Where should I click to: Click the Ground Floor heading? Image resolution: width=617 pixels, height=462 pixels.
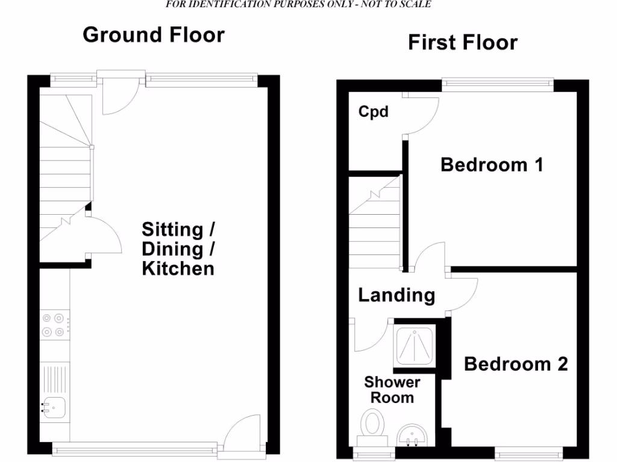153,35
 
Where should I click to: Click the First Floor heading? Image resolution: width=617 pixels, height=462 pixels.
462,43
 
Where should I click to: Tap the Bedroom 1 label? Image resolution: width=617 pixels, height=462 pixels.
492,164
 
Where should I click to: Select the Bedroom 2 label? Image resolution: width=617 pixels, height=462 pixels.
516,364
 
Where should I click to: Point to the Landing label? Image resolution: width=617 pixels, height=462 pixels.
396,295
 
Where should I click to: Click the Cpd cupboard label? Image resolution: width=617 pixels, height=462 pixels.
374,112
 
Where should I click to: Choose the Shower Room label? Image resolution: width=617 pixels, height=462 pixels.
392,390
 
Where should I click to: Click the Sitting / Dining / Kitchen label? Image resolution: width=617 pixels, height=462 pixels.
178,248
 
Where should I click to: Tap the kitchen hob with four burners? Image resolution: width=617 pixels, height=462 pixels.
52,325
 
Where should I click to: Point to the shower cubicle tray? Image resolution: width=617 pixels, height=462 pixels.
415,345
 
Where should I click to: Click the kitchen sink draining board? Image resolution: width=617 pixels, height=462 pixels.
54,379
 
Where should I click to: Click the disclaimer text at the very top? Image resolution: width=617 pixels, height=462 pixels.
298,4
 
